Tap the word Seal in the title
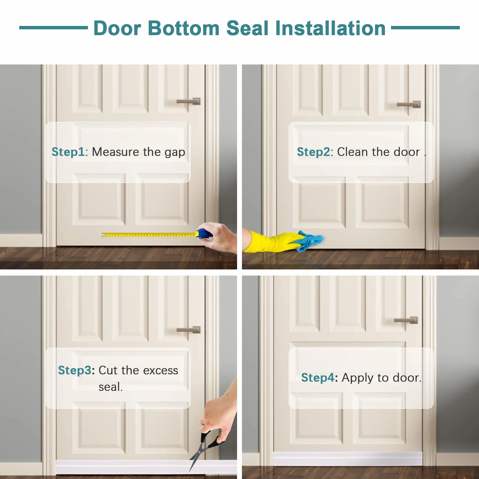pyautogui.click(x=247, y=28)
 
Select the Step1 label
pyautogui.click(x=68, y=152)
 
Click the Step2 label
pyautogui.click(x=313, y=152)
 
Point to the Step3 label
pyautogui.click(x=75, y=370)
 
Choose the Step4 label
pyautogui.click(x=318, y=378)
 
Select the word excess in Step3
pyautogui.click(x=160, y=371)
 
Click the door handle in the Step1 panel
pyautogui.click(x=189, y=101)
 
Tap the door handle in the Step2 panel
pyautogui.click(x=409, y=104)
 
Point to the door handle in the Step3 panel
pyautogui.click(x=189, y=330)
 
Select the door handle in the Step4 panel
pyautogui.click(x=406, y=320)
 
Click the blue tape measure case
pyautogui.click(x=204, y=234)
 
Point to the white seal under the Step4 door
pyautogui.click(x=348, y=459)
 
